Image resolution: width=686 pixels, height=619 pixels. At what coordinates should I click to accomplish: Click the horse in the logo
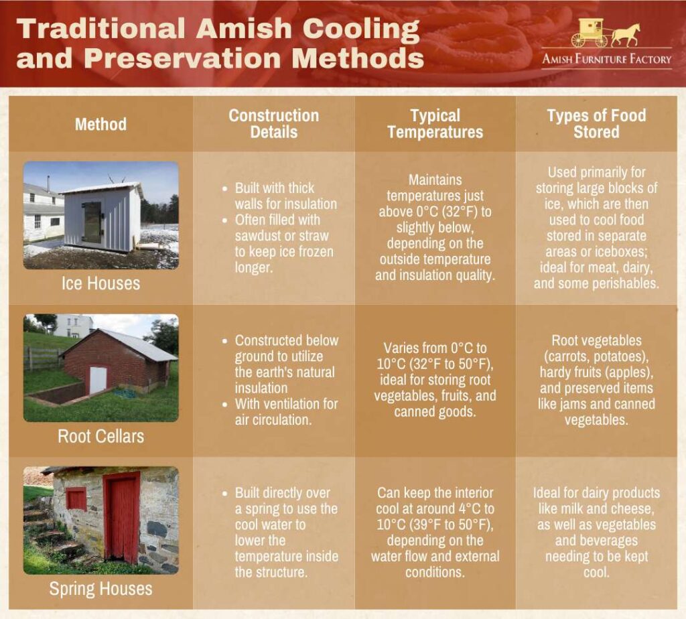pos(626,34)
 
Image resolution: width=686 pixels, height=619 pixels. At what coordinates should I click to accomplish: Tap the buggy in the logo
pos(590,33)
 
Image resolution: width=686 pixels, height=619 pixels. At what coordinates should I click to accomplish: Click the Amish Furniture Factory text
pos(607,59)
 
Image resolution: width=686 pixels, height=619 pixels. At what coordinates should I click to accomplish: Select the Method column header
pos(100,124)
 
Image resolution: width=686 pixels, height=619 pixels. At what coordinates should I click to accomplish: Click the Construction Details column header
pos(274,124)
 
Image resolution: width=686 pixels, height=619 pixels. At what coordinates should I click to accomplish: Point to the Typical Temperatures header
pos(435,124)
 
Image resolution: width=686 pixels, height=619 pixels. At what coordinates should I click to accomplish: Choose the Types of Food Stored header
pos(596,124)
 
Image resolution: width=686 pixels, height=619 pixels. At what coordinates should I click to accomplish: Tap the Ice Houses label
pos(100,283)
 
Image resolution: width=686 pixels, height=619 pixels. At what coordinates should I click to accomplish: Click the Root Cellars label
pos(100,436)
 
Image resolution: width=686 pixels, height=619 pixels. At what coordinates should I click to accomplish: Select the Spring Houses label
pos(100,589)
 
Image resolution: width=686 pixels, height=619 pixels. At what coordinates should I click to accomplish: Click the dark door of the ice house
pos(92,222)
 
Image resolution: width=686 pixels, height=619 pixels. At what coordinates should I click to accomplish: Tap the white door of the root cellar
pos(98,380)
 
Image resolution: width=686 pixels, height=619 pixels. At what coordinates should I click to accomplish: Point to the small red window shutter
pos(76,498)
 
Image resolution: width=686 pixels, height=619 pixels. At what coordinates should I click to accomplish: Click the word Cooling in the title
pos(361,29)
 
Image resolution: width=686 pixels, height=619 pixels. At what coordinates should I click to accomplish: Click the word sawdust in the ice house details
pos(253,236)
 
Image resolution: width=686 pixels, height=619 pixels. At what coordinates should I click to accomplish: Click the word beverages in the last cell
pos(610,541)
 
